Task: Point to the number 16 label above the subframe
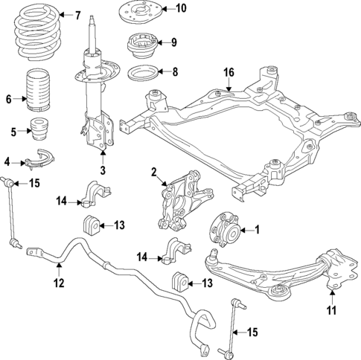(x=229, y=72)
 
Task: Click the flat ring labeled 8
(x=139, y=74)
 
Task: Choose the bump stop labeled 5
(x=38, y=129)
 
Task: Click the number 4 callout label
(x=7, y=161)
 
